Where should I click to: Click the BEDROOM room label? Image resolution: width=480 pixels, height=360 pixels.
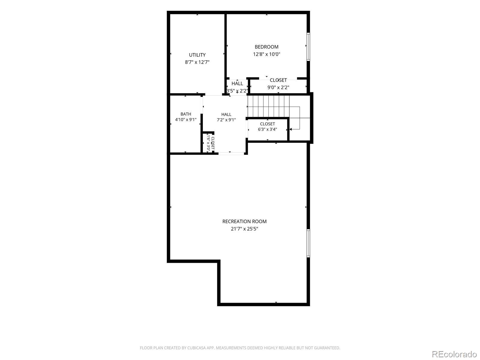pyautogui.click(x=266, y=47)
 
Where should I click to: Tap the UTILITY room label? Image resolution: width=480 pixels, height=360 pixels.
pyautogui.click(x=197, y=55)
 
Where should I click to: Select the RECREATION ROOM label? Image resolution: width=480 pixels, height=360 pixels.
pyautogui.click(x=244, y=221)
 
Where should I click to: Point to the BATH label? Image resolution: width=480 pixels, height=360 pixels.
pyautogui.click(x=186, y=114)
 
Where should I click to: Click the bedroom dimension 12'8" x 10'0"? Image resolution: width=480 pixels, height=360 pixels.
pyautogui.click(x=266, y=54)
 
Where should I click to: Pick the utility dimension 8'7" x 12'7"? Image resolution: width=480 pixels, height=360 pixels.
pyautogui.click(x=197, y=62)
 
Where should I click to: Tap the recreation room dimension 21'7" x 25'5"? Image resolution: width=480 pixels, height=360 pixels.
pyautogui.click(x=244, y=229)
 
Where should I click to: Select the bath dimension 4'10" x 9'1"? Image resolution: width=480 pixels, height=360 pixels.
pyautogui.click(x=186, y=120)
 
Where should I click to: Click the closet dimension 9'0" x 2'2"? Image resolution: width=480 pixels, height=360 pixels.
pyautogui.click(x=278, y=87)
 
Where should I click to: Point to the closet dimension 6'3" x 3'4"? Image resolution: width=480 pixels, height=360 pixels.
pyautogui.click(x=267, y=129)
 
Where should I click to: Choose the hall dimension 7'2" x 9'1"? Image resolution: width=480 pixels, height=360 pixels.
pyautogui.click(x=226, y=120)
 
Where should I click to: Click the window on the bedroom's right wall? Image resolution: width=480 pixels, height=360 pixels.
pyautogui.click(x=308, y=46)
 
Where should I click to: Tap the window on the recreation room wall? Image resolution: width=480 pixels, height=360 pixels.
pyautogui.click(x=308, y=243)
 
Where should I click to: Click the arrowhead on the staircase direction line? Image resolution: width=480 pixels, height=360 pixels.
pyautogui.click(x=291, y=129)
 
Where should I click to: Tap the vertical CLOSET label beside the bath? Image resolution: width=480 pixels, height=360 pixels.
pyautogui.click(x=213, y=143)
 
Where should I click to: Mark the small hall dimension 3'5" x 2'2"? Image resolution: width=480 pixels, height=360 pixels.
pyautogui.click(x=237, y=91)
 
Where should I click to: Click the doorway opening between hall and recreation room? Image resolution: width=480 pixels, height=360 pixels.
pyautogui.click(x=231, y=153)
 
